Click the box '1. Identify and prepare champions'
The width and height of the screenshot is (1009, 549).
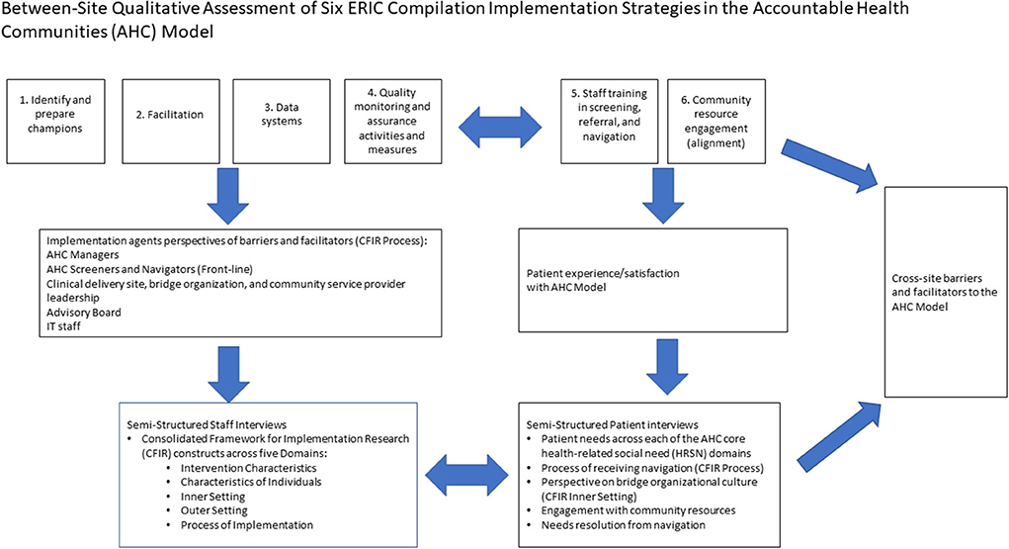click(55, 121)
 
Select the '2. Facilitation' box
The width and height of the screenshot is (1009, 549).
click(171, 121)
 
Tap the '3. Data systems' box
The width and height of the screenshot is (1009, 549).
click(282, 121)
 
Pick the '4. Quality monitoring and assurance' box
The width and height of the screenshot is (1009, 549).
click(392, 121)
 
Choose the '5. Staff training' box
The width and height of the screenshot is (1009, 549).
click(609, 121)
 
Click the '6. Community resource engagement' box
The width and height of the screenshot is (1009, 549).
click(716, 121)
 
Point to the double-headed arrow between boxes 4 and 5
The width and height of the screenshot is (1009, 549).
click(500, 128)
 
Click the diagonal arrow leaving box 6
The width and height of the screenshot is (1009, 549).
click(829, 165)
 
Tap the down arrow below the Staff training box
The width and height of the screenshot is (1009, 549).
click(663, 195)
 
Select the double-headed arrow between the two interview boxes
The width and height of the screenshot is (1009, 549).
click(467, 476)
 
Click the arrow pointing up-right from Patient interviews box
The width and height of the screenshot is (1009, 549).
click(839, 436)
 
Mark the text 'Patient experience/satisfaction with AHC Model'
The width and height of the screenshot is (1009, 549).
click(603, 280)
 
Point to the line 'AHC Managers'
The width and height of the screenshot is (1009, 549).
click(82, 255)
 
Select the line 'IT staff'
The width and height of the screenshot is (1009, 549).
click(63, 326)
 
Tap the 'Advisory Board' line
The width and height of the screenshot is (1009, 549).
click(84, 313)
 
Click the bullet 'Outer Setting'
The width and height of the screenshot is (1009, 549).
click(213, 510)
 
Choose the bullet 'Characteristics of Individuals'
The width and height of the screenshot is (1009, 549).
click(251, 482)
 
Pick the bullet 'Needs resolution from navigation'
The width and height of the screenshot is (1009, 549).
click(623, 525)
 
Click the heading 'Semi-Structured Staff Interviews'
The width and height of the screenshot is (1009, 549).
click(207, 424)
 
